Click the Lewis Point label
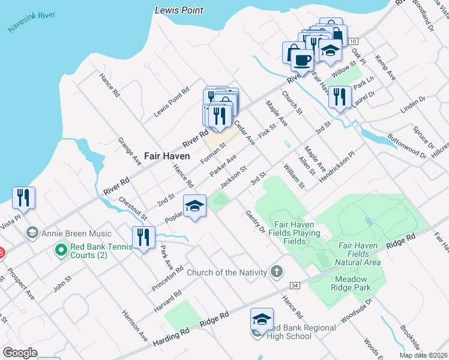(178, 10)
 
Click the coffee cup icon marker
(301, 59)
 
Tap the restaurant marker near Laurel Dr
(340, 97)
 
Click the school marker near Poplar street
(194, 206)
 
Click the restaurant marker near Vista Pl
(23, 197)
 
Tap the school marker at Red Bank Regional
(262, 319)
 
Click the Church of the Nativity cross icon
(276, 272)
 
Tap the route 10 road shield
(354, 41)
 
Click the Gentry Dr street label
(255, 221)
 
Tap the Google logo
(20, 353)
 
